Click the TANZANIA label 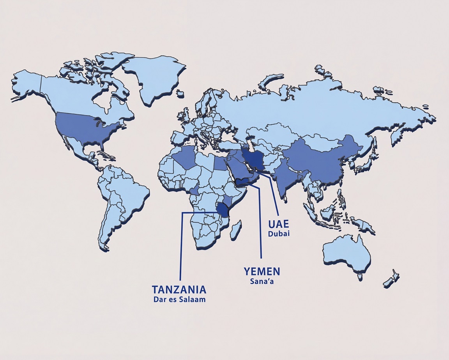[179, 290]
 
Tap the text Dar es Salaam [179, 300]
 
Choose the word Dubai [279, 234]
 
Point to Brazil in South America [129, 199]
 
